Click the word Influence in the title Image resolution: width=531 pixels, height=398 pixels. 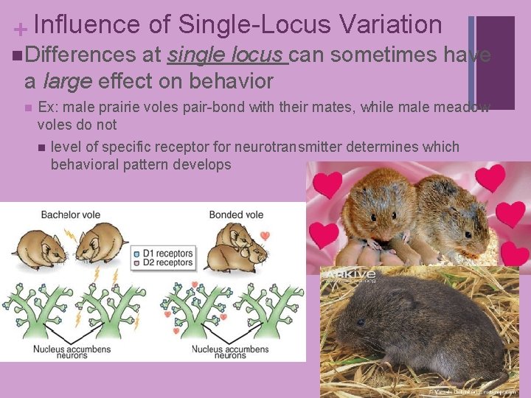[x=87, y=24]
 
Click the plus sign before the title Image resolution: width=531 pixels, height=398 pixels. [x=21, y=29]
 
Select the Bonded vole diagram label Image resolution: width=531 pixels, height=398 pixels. [x=236, y=214]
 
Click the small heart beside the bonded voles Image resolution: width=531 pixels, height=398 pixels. [x=265, y=236]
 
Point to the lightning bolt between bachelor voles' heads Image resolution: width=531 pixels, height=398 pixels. [x=69, y=234]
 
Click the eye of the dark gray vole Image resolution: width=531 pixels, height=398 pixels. [x=360, y=322]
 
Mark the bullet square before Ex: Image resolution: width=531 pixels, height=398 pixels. [x=27, y=108]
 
